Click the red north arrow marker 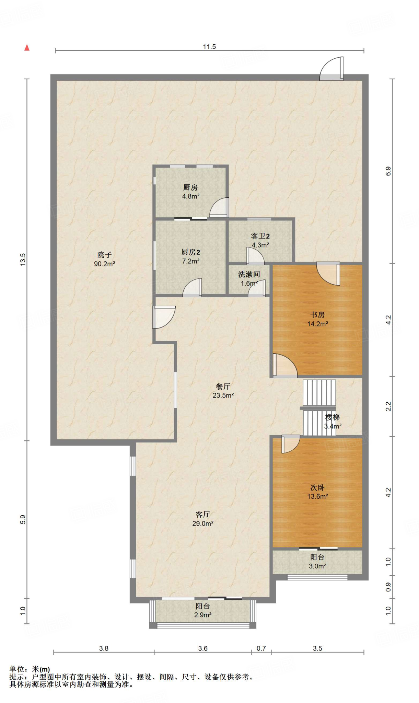(27, 48)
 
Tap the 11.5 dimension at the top (209, 47)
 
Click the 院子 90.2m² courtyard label (104, 259)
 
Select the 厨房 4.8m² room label (190, 192)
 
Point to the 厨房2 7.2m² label (190, 256)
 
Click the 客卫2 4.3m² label (260, 240)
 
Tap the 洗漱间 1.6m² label (249, 279)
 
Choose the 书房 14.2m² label (317, 319)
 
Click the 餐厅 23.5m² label (223, 391)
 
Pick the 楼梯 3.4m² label (333, 422)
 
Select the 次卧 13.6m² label (317, 492)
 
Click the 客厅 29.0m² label (203, 519)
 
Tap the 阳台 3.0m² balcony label (317, 562)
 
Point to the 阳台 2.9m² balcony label (203, 610)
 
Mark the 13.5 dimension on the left (23, 260)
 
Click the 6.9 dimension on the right (388, 171)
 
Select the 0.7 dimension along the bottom (261, 648)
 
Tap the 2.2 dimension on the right (388, 406)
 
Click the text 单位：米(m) (30, 669)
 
